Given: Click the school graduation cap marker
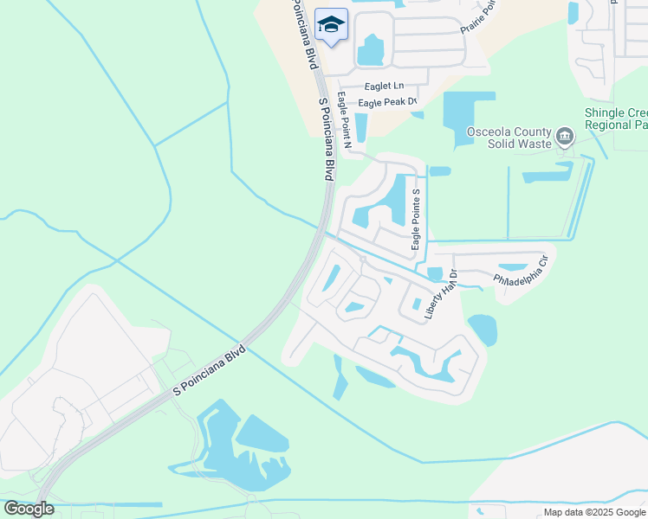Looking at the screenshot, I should point(330,24).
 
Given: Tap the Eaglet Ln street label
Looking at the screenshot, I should point(385,86).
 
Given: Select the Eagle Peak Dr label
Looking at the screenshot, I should point(382,103).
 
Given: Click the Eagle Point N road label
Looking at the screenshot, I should point(344,120).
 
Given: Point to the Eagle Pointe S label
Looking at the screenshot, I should point(416,220).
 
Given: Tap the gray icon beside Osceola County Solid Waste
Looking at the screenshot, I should point(565,136).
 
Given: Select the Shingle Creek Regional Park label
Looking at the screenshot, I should point(616,119).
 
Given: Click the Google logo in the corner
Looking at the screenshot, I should point(29,509).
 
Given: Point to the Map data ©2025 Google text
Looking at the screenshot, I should point(594,512).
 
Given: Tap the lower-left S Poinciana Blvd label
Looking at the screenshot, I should point(210,371).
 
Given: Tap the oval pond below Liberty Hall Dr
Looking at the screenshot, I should point(483,330).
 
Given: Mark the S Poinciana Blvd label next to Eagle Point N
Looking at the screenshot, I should point(326,138).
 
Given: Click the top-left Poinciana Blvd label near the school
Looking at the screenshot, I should point(303,35).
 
